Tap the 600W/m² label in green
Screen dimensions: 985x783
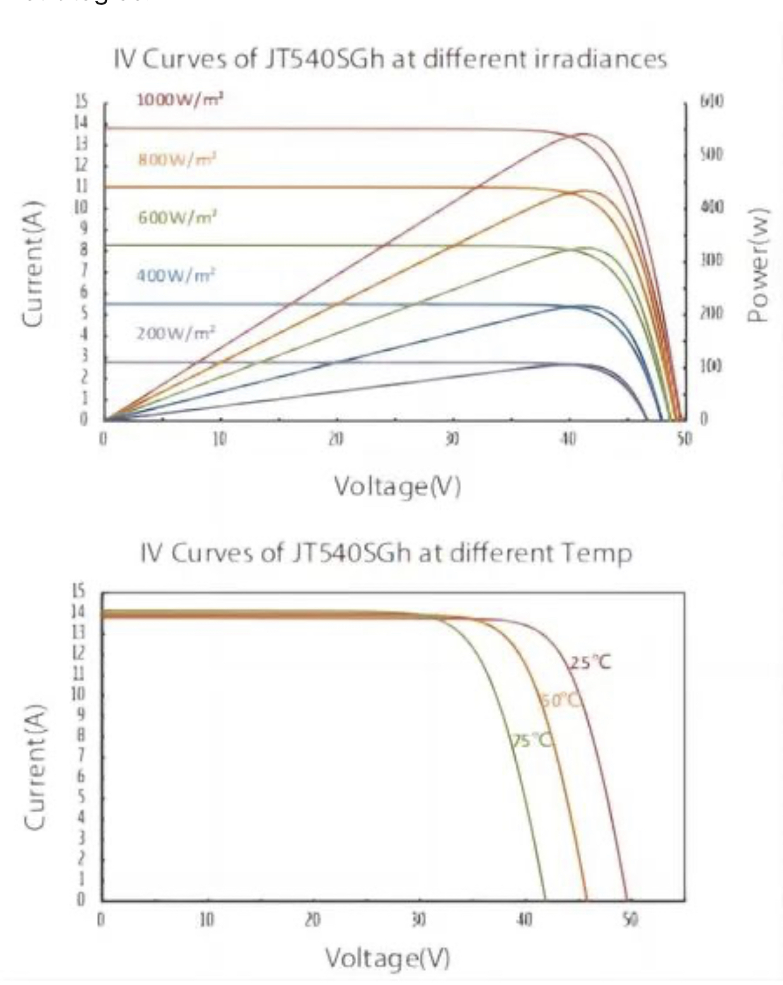click(177, 218)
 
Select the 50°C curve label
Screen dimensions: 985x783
click(560, 700)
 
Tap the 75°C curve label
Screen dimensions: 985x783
click(531, 740)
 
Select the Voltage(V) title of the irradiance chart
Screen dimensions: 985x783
click(397, 486)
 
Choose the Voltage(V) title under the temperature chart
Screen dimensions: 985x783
click(388, 958)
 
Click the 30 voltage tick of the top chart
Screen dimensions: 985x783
click(452, 438)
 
